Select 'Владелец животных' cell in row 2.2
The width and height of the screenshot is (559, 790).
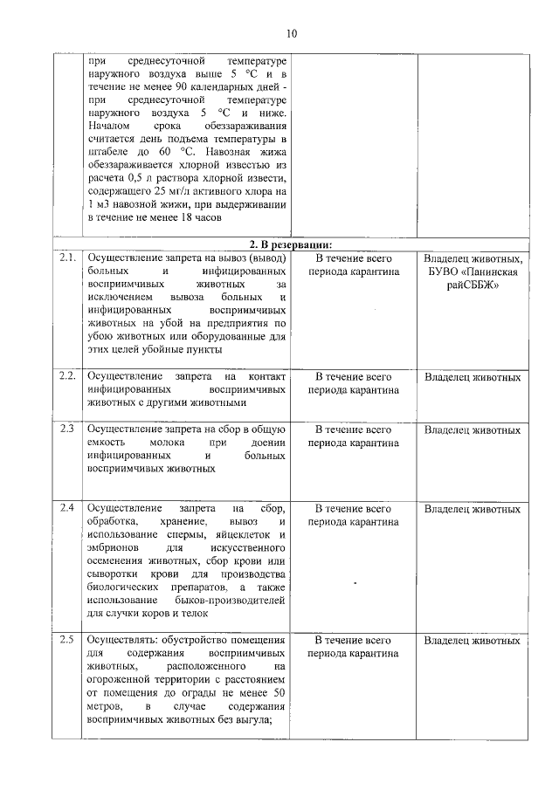tap(473, 377)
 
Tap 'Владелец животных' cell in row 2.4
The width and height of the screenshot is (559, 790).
tap(473, 509)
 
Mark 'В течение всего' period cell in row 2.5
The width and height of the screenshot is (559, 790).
tap(353, 641)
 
